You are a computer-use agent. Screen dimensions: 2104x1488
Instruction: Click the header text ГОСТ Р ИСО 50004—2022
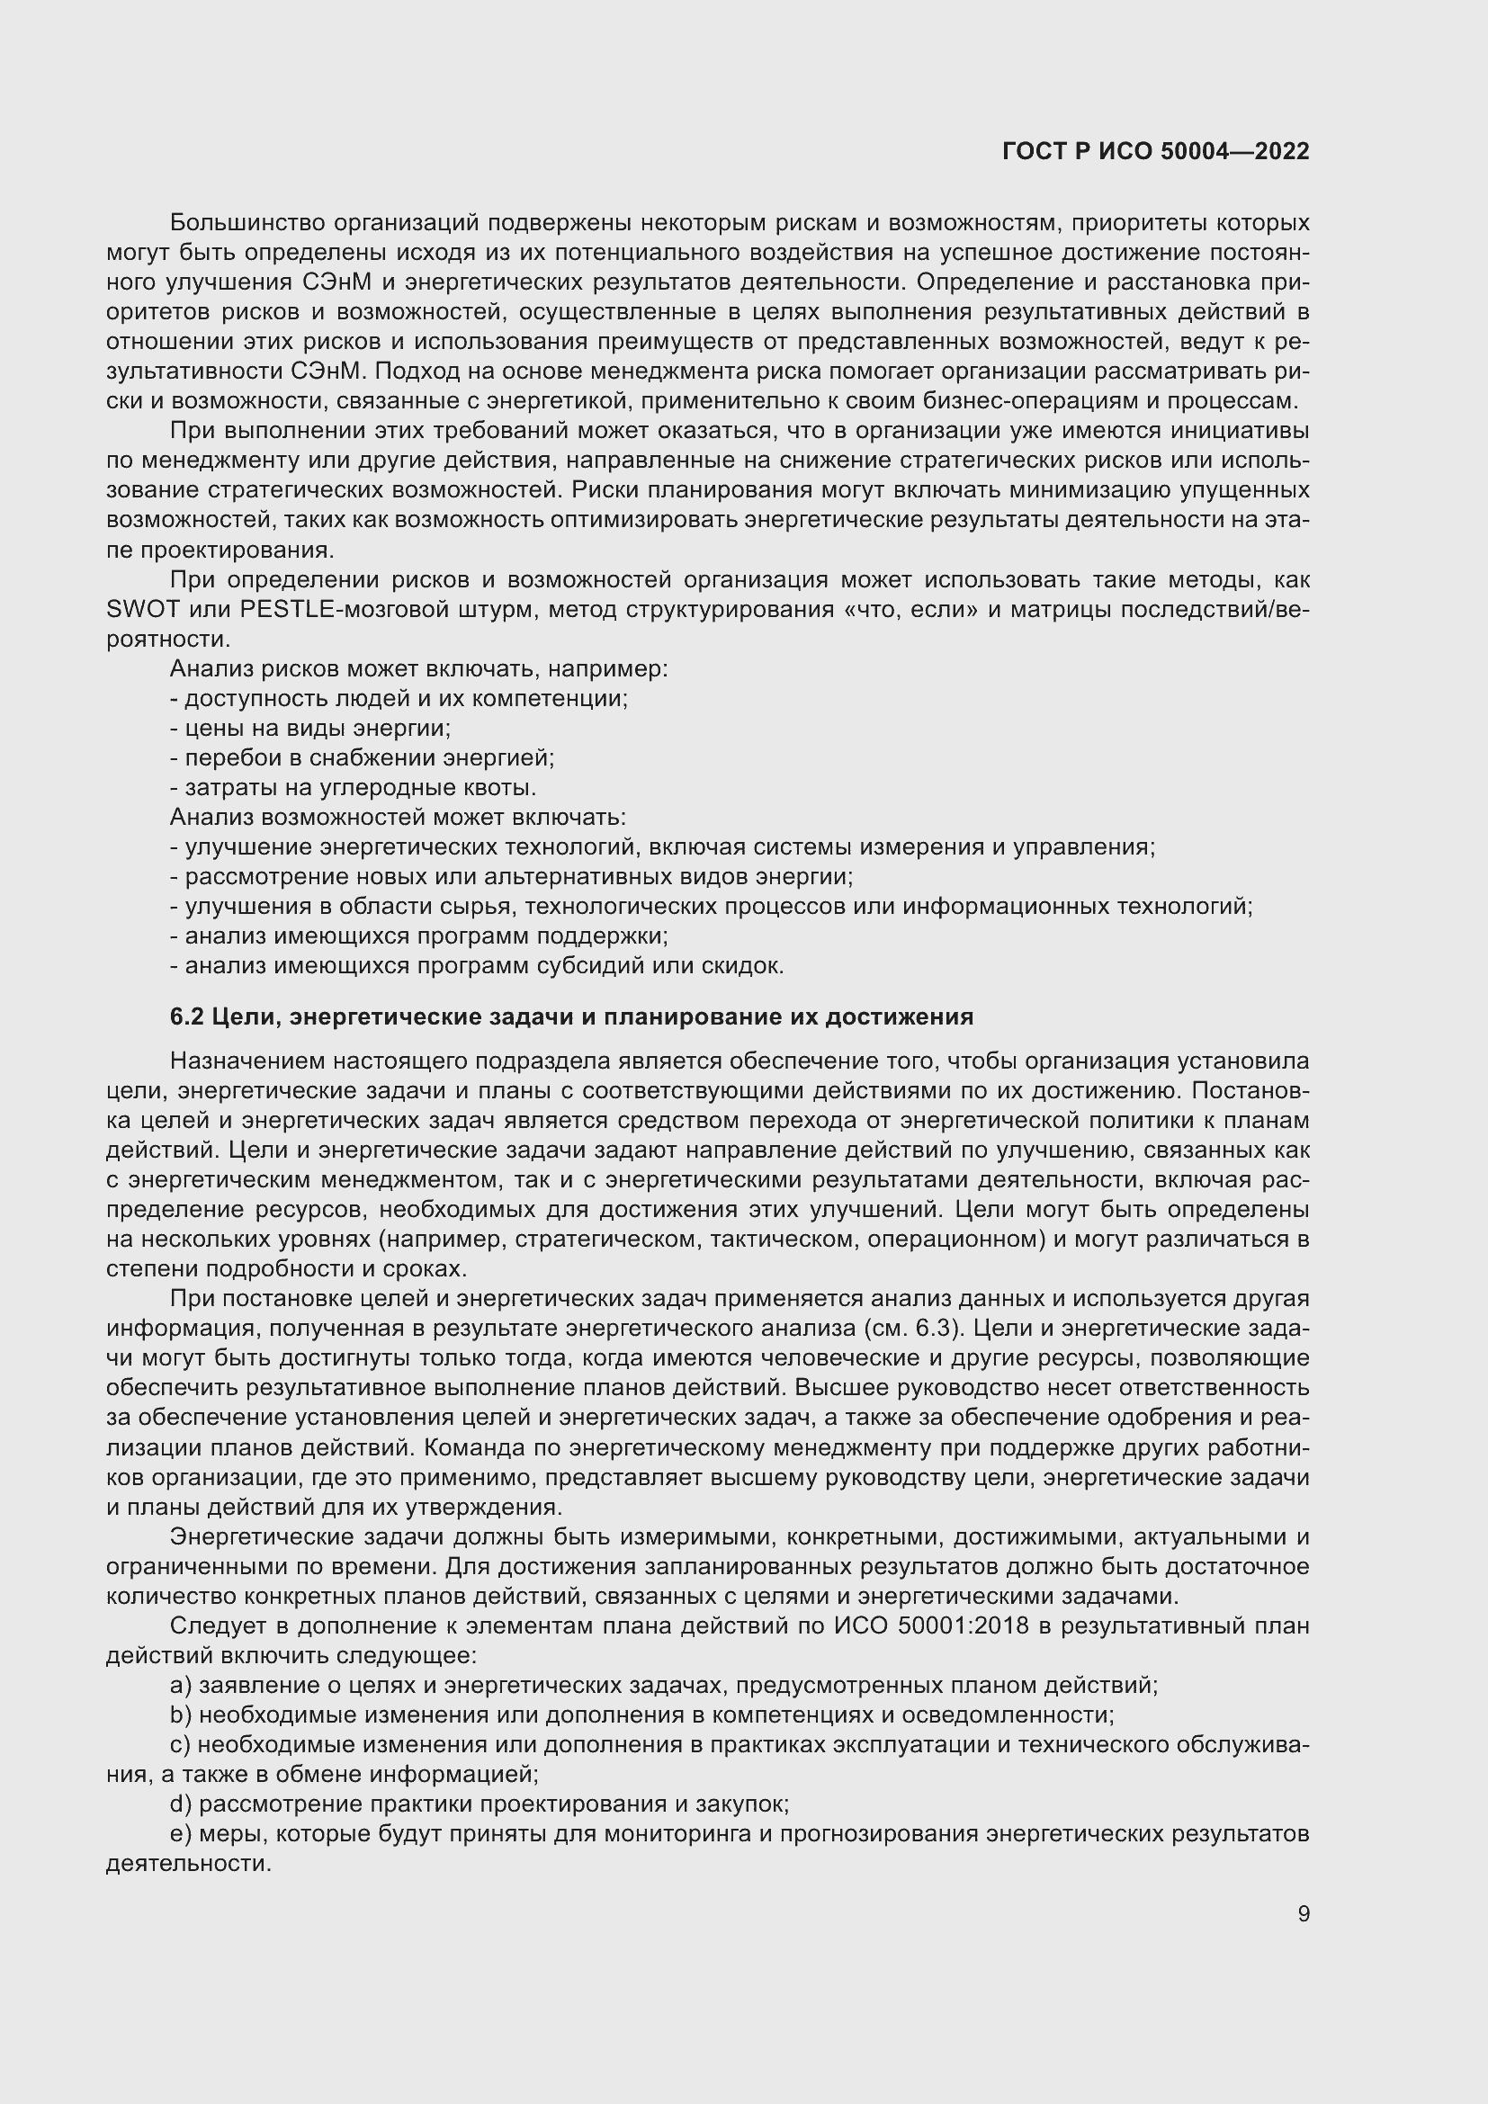click(x=1155, y=151)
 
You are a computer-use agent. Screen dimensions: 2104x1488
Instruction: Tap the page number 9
click(x=1303, y=1914)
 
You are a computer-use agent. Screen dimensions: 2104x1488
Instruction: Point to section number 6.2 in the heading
click(x=187, y=1017)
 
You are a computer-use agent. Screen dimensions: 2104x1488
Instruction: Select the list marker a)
click(x=181, y=1685)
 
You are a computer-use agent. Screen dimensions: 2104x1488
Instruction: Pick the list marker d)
click(x=181, y=1804)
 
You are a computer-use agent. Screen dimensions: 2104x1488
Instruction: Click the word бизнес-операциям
click(x=994, y=400)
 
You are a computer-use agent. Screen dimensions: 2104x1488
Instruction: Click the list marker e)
click(x=181, y=1833)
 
